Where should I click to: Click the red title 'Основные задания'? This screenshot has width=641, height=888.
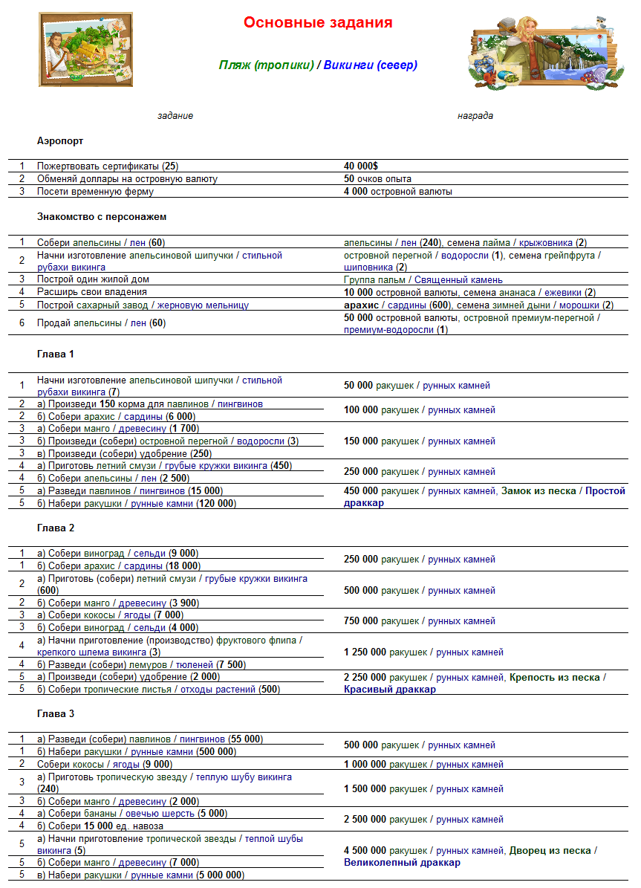pyautogui.click(x=318, y=23)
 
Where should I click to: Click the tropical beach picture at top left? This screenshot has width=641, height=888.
pyautogui.click(x=85, y=49)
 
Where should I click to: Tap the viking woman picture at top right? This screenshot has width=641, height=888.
pyautogui.click(x=543, y=51)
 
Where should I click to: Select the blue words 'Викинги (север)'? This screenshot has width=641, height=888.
pyautogui.click(x=371, y=65)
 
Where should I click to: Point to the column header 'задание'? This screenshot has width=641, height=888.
pyautogui.click(x=175, y=116)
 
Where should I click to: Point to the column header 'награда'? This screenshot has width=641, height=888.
pyautogui.click(x=475, y=116)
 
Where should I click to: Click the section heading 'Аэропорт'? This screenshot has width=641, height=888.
pyautogui.click(x=60, y=140)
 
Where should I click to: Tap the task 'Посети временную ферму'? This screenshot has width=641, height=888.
pyautogui.click(x=95, y=192)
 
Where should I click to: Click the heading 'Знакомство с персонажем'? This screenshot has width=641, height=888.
pyautogui.click(x=102, y=217)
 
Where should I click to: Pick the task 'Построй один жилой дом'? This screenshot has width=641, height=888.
pyautogui.click(x=93, y=279)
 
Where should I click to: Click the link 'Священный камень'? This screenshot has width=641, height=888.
pyautogui.click(x=458, y=280)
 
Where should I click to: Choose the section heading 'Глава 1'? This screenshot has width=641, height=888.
pyautogui.click(x=55, y=354)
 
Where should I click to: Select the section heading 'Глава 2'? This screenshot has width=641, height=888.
pyautogui.click(x=55, y=528)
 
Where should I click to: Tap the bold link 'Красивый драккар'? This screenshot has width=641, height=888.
pyautogui.click(x=390, y=690)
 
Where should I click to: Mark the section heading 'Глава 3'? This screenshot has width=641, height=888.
pyautogui.click(x=55, y=714)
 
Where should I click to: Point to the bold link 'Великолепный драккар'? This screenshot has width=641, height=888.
pyautogui.click(x=402, y=863)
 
